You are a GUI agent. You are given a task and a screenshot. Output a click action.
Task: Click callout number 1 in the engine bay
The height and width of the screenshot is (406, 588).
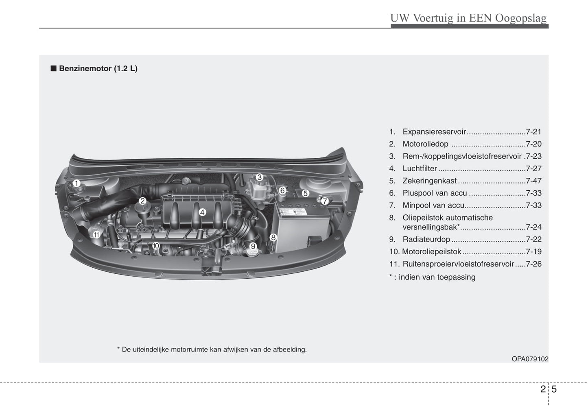click(x=77, y=183)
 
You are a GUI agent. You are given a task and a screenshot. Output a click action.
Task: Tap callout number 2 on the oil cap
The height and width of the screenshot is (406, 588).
click(x=142, y=201)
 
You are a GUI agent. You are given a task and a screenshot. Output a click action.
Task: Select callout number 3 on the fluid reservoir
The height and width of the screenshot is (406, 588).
click(x=259, y=177)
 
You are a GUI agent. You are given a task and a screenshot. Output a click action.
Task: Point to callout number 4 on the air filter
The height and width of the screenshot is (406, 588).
click(x=202, y=212)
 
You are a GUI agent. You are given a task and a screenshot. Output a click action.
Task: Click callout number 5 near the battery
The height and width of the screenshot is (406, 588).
click(x=305, y=193)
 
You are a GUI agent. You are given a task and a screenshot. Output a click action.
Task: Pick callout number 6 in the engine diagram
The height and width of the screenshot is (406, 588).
click(x=282, y=190)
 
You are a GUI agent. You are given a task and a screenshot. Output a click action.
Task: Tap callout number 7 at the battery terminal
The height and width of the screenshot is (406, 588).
click(x=325, y=201)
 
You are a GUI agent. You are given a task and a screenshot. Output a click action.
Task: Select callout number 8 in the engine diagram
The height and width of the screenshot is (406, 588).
click(x=273, y=237)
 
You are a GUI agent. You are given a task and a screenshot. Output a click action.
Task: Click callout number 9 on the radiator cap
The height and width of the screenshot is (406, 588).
click(x=253, y=246)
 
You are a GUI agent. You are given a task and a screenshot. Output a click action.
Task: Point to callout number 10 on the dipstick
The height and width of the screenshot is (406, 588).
click(x=156, y=246)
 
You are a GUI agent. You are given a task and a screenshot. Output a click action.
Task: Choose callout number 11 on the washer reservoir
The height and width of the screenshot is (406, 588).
click(x=96, y=235)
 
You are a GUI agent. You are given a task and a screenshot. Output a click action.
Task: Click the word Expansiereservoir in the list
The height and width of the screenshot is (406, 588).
click(x=434, y=132)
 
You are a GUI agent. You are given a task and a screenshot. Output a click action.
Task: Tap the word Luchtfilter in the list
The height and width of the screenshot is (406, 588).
click(x=420, y=168)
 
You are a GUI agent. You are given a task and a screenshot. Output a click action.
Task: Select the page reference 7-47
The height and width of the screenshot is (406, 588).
click(x=533, y=181)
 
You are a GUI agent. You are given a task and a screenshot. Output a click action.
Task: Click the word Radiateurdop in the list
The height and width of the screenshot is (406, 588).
click(x=426, y=239)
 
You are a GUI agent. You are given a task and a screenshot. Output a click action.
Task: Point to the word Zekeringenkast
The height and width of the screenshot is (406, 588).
click(x=430, y=181)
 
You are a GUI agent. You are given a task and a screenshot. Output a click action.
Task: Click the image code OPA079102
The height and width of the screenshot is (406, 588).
click(x=530, y=359)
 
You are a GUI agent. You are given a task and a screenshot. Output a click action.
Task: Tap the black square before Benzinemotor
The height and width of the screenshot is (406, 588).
click(x=54, y=68)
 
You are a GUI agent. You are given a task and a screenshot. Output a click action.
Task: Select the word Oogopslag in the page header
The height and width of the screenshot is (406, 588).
click(x=521, y=18)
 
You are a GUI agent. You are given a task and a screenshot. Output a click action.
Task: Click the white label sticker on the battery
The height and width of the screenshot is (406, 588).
click(x=293, y=212)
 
